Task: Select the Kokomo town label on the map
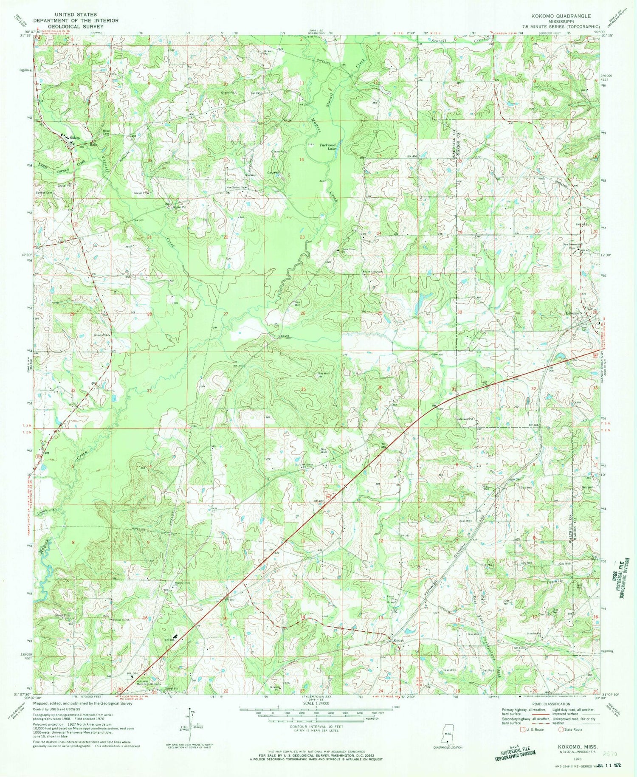click(x=572, y=313)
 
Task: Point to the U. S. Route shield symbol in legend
click(x=524, y=729)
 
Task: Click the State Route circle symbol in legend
click(x=561, y=729)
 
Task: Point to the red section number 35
click(x=303, y=389)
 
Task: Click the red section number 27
click(x=225, y=314)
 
